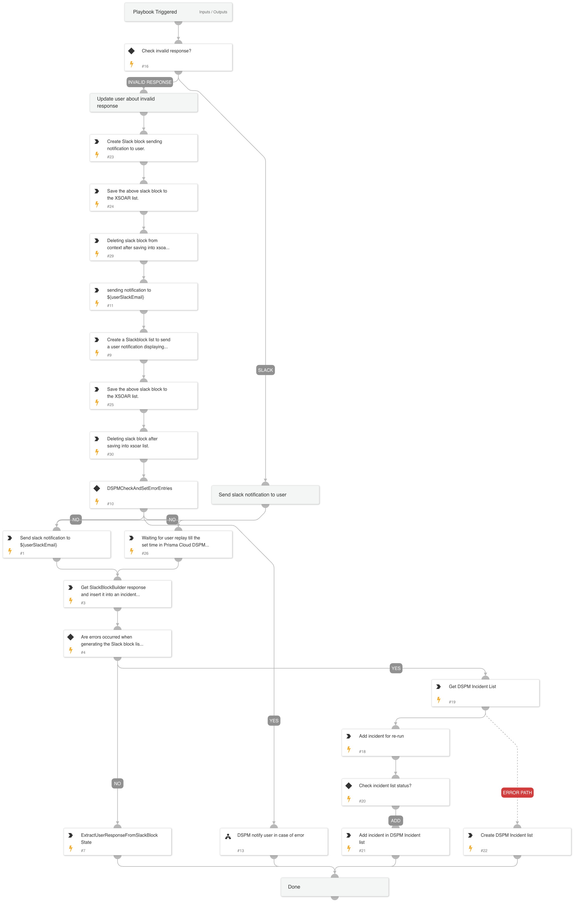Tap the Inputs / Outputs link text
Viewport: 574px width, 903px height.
[x=213, y=12]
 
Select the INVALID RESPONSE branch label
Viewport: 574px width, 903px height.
[x=150, y=82]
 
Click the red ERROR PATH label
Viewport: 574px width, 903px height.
[x=517, y=792]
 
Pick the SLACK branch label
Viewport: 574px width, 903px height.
[x=265, y=370]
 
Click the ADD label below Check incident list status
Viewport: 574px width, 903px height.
[x=395, y=821]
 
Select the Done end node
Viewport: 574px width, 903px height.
[x=335, y=887]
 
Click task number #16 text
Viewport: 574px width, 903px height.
[x=145, y=66]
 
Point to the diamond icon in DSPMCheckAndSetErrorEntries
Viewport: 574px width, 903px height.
[x=97, y=488]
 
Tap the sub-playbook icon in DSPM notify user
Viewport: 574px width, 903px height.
[x=228, y=836]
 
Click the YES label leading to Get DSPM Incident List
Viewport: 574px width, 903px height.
[x=396, y=668]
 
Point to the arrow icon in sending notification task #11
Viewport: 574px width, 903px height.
[x=97, y=290]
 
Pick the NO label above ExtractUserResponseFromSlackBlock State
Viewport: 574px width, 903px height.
[x=117, y=784]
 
